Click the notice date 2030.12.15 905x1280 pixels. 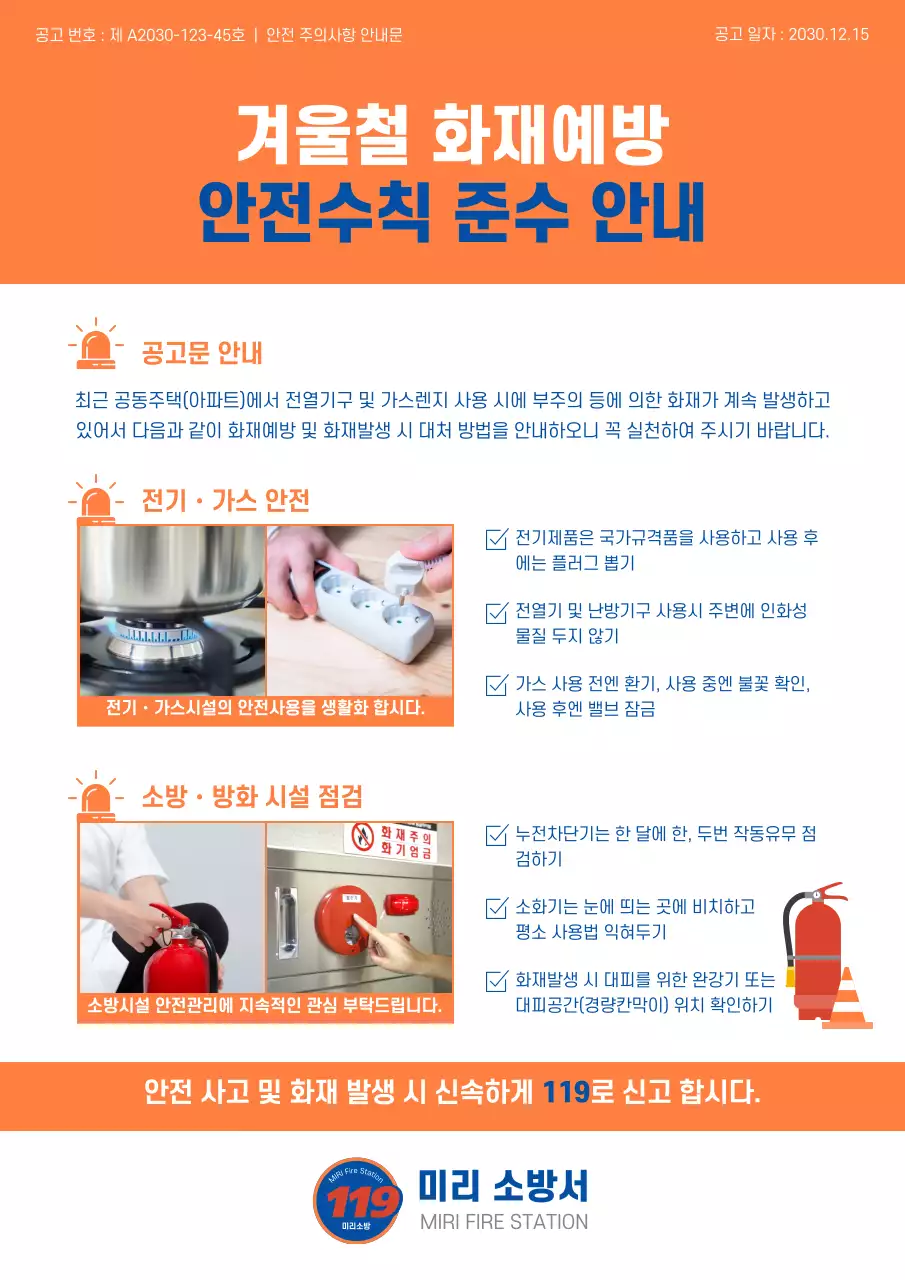click(828, 34)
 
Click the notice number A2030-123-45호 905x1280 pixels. click(185, 35)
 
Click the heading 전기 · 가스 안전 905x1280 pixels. click(225, 499)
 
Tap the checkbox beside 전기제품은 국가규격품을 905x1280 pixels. click(496, 539)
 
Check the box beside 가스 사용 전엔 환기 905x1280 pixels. click(496, 685)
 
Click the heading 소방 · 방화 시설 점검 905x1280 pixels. click(251, 797)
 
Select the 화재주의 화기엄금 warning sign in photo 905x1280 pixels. click(393, 842)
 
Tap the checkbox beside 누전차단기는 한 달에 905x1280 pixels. click(496, 835)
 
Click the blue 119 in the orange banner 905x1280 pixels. click(566, 1090)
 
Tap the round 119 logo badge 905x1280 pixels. click(357, 1201)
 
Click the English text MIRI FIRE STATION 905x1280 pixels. click(504, 1222)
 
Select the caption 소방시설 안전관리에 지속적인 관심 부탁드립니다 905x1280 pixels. click(265, 1005)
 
